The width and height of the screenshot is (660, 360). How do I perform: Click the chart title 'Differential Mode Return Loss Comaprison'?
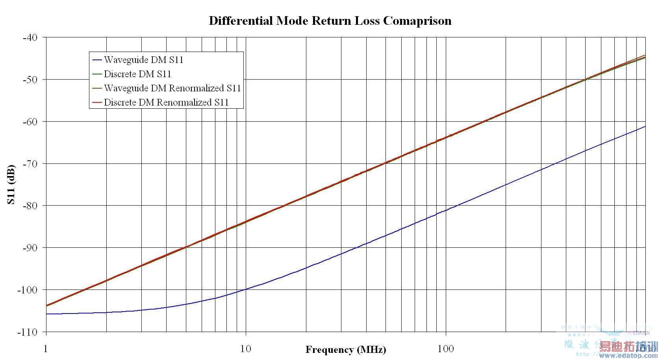[330, 20]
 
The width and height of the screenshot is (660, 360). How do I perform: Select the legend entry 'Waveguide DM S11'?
[143, 60]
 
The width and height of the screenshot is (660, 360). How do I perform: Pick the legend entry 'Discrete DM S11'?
[137, 74]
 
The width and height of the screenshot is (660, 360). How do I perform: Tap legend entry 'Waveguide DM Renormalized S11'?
[172, 88]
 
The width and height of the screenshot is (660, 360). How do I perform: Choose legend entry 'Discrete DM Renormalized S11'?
[166, 102]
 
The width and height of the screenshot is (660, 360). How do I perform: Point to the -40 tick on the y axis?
[30, 37]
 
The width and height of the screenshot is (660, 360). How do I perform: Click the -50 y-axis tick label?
[30, 80]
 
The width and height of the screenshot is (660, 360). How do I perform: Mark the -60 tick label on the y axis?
[30, 122]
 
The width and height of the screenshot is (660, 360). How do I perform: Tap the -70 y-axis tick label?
[30, 163]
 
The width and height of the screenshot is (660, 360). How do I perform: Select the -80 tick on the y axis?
[30, 206]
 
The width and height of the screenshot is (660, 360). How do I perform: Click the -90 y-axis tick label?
[30, 248]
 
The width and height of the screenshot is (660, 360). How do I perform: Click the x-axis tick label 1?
[46, 349]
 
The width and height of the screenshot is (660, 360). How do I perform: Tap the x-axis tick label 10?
[246, 349]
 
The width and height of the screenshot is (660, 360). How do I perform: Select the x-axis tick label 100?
[446, 349]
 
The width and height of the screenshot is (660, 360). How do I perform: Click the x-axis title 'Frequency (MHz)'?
[345, 349]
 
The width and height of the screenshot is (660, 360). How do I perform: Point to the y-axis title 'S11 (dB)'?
[11, 185]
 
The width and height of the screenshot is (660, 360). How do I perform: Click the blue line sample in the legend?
[97, 60]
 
